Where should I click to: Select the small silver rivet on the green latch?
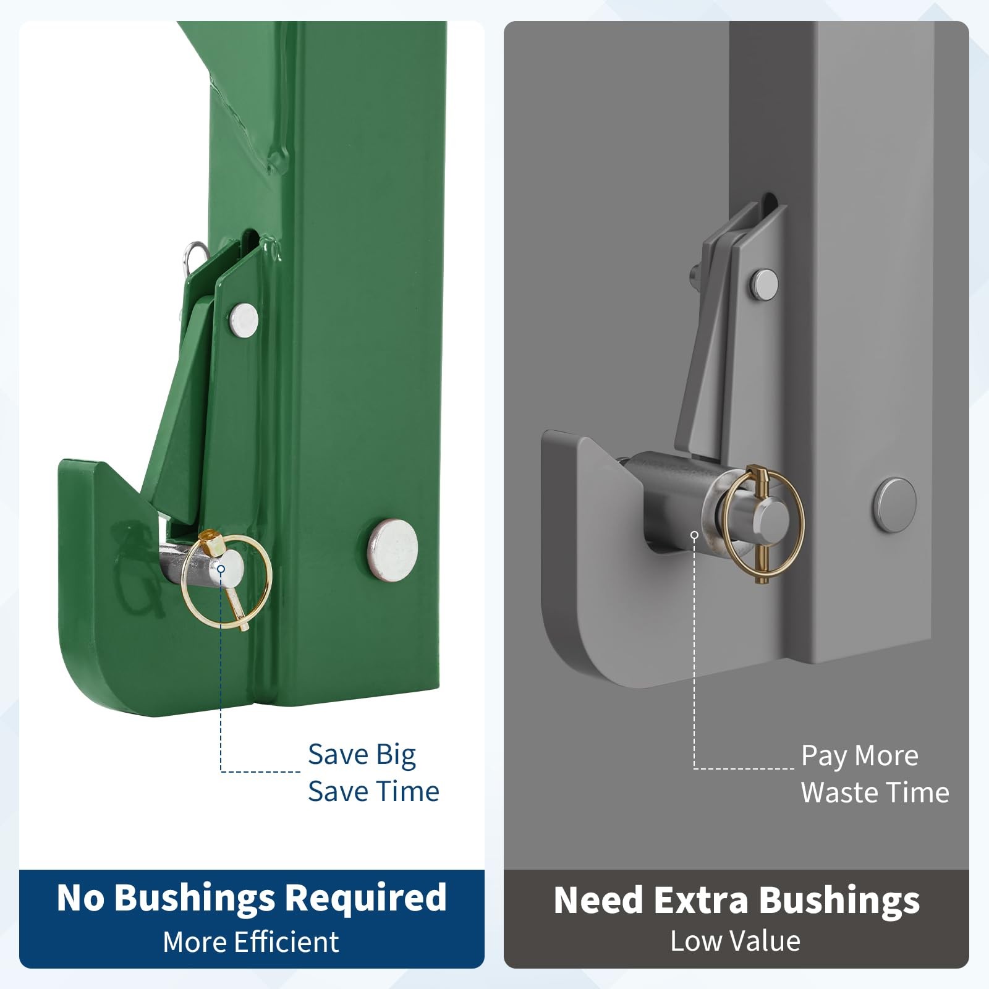[x=244, y=320]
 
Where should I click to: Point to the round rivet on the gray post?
[x=895, y=505]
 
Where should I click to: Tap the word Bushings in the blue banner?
[x=195, y=898]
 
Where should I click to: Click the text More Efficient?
[x=251, y=942]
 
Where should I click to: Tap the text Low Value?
[x=736, y=941]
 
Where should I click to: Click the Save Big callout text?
[x=362, y=755]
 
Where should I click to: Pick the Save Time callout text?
[x=373, y=792]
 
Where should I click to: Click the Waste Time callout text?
[x=875, y=793]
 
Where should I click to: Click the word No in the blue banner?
[x=81, y=898]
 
